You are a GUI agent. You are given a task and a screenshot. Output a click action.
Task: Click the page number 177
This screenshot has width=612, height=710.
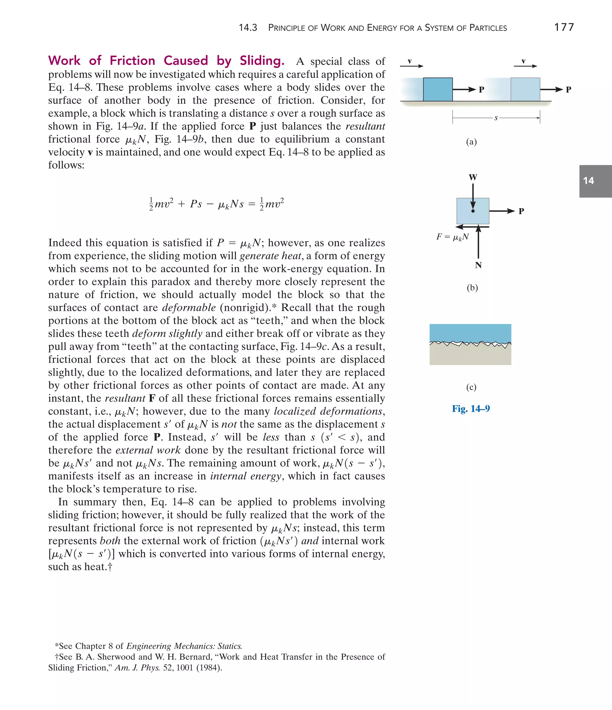(x=564, y=27)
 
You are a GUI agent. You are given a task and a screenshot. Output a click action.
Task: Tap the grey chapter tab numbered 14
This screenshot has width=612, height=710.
(x=595, y=181)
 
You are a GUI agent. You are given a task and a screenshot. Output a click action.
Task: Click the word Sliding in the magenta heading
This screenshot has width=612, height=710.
(x=261, y=61)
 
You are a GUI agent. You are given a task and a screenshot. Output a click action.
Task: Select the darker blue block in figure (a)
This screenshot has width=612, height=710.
(x=437, y=89)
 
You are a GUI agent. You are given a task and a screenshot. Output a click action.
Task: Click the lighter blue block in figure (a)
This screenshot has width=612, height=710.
(x=525, y=89)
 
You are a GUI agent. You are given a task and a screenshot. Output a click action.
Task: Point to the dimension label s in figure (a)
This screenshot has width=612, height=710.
(x=496, y=118)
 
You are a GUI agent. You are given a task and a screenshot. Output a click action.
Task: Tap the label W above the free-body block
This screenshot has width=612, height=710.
(x=473, y=177)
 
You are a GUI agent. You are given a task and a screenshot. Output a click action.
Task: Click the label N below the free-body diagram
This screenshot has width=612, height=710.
(x=478, y=265)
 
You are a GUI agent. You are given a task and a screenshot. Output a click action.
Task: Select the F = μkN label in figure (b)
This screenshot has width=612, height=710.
(x=452, y=237)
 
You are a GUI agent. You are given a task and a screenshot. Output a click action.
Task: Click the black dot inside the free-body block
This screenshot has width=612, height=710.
(x=473, y=211)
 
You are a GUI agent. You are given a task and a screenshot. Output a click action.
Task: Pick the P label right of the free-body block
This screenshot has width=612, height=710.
(x=521, y=211)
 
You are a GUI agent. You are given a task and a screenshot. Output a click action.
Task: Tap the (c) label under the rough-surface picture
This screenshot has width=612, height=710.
(x=471, y=387)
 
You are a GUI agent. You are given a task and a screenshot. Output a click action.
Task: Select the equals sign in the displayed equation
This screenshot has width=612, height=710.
(x=251, y=204)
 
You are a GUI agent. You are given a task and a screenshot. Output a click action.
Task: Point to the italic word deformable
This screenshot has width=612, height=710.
(x=189, y=307)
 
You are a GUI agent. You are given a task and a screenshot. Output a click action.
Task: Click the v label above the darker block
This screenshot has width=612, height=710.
(x=409, y=61)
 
